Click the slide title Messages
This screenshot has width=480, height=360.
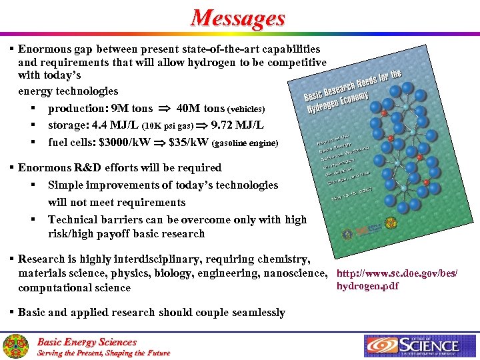click(238, 18)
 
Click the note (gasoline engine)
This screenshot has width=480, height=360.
click(245, 143)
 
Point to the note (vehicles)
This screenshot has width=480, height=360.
click(246, 109)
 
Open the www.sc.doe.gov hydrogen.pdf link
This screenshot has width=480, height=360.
click(397, 280)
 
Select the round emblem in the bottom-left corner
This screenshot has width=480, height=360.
click(15, 346)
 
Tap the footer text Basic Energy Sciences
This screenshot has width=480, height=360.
click(87, 341)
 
